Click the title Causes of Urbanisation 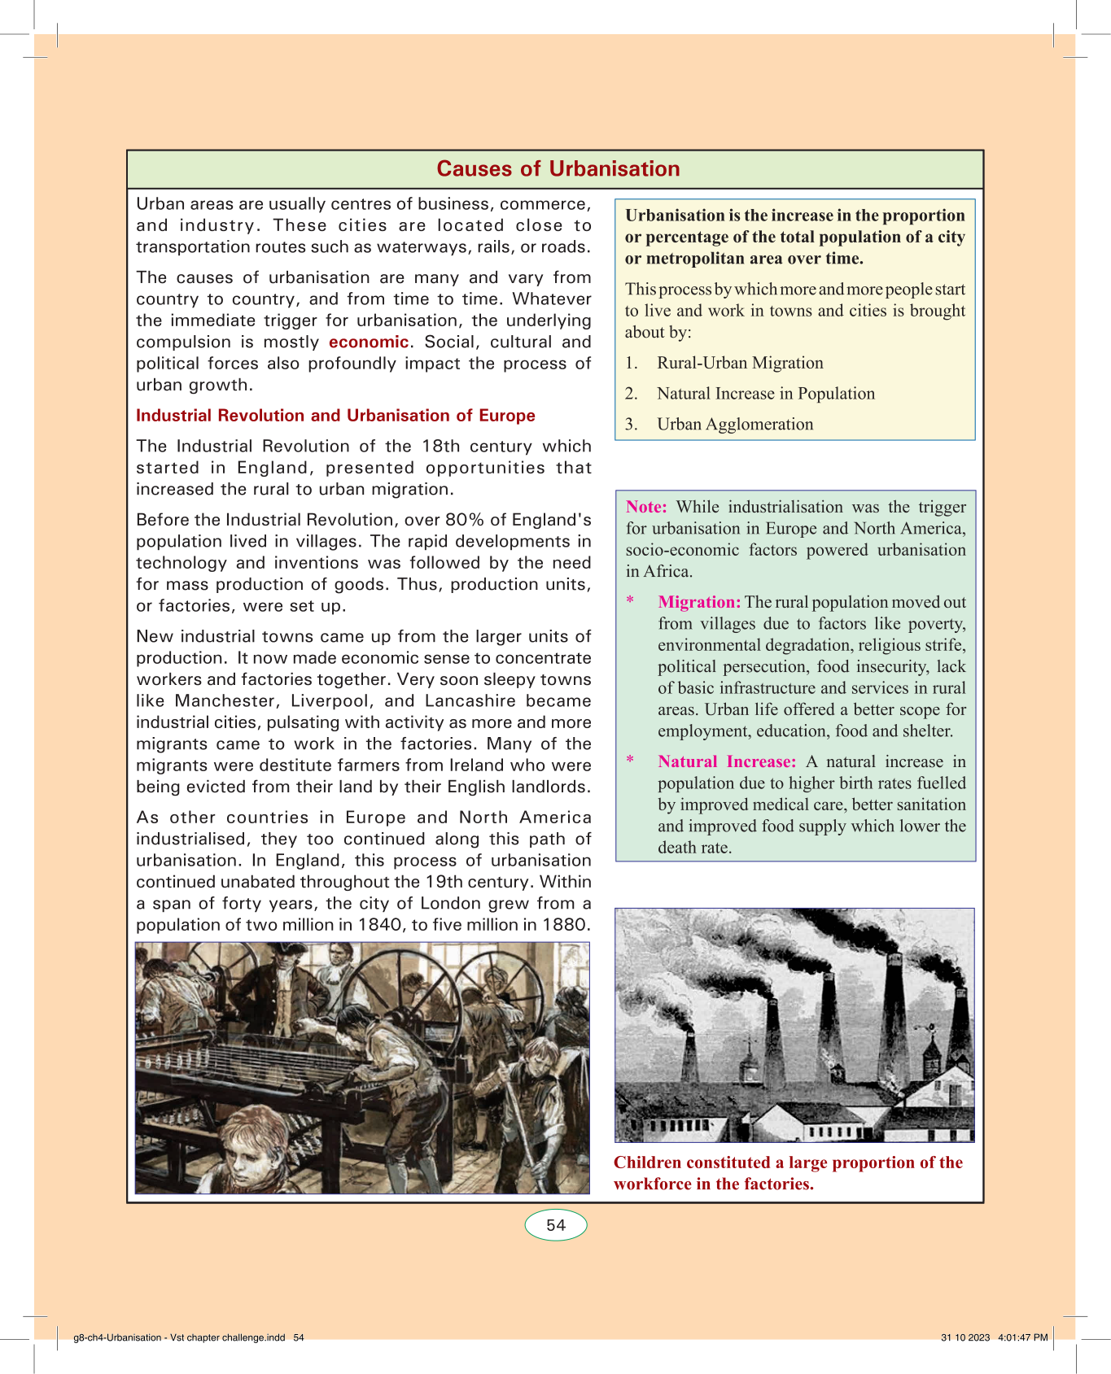(x=558, y=168)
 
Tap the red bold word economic (x=368, y=342)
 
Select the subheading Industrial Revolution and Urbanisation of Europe (x=335, y=416)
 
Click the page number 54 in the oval (x=556, y=1225)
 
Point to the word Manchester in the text (x=225, y=701)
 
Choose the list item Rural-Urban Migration (x=740, y=363)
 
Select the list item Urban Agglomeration (x=735, y=425)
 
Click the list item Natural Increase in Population (x=766, y=394)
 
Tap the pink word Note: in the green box (x=646, y=507)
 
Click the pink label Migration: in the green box (x=699, y=602)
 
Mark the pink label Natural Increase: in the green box (x=727, y=761)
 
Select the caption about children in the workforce (x=788, y=1173)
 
